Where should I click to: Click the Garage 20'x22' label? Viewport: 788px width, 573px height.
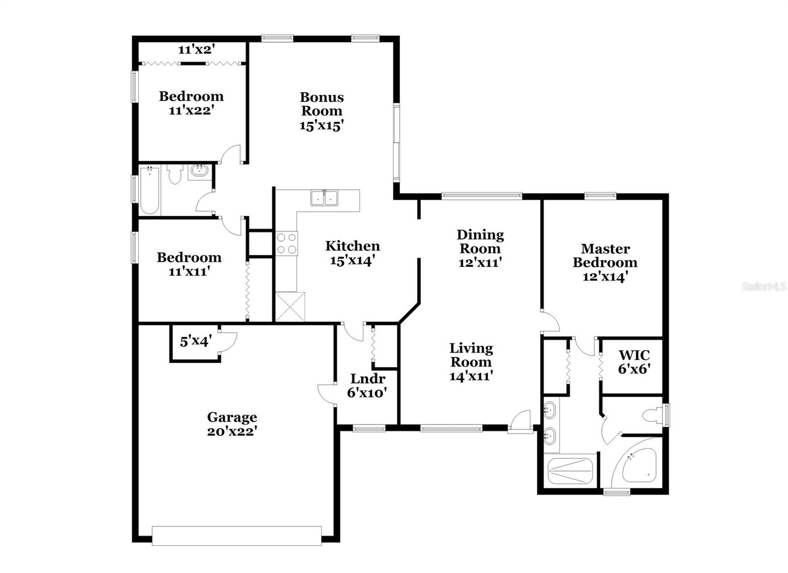(x=232, y=424)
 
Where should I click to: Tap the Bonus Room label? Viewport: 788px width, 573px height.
(x=321, y=111)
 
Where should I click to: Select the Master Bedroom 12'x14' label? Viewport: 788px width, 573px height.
(x=605, y=262)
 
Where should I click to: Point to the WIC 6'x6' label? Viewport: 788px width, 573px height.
(x=634, y=362)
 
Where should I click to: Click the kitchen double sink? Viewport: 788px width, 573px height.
(x=325, y=198)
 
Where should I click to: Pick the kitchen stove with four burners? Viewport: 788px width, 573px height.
(x=287, y=243)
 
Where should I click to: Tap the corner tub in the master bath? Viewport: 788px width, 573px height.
(x=639, y=466)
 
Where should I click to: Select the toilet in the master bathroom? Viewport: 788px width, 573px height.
(x=653, y=415)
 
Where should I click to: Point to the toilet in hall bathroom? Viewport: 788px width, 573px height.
(x=175, y=174)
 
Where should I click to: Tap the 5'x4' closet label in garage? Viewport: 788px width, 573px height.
(x=196, y=340)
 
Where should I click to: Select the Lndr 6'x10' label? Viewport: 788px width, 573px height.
(x=367, y=385)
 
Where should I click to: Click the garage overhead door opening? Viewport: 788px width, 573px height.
(x=237, y=536)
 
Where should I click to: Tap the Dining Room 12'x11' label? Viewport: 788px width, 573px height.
(x=480, y=248)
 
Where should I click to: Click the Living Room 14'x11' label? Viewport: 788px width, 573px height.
(x=471, y=362)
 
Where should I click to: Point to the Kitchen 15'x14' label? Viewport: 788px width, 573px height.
(x=353, y=253)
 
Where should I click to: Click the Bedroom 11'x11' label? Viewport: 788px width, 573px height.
(x=189, y=264)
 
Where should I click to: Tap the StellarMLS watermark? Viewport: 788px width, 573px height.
(x=764, y=286)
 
